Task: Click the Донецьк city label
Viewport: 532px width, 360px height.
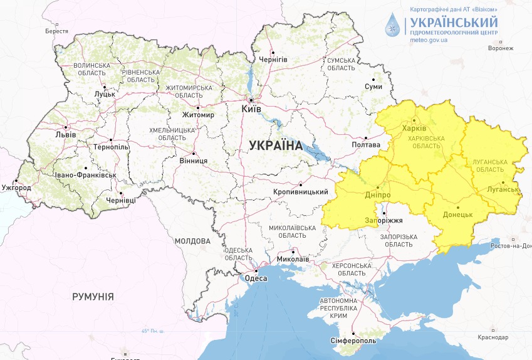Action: tap(457, 214)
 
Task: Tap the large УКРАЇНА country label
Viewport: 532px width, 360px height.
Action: tap(275, 145)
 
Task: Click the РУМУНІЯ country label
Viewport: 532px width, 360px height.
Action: tap(93, 297)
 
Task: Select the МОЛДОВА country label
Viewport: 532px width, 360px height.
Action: tap(193, 241)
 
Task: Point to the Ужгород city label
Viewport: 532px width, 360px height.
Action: tap(16, 188)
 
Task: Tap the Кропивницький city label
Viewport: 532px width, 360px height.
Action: tap(301, 192)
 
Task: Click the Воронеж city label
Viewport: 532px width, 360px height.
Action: tap(500, 48)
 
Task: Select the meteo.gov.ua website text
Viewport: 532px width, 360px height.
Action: tap(429, 39)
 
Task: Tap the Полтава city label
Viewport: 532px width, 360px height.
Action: tap(367, 145)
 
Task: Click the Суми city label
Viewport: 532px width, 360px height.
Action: tap(373, 87)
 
